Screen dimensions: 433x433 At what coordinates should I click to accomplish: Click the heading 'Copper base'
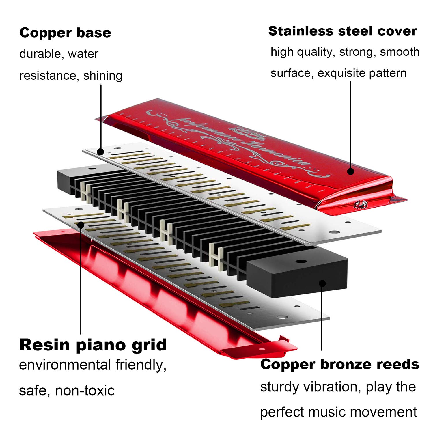pyautogui.click(x=65, y=33)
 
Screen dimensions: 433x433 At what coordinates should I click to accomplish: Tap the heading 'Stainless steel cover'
pyautogui.click(x=342, y=31)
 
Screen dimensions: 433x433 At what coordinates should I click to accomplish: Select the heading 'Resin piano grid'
pyautogui.click(x=93, y=345)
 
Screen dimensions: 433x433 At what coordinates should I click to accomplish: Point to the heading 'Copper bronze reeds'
pyautogui.click(x=339, y=364)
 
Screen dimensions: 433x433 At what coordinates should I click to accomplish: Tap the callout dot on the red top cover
pyautogui.click(x=351, y=171)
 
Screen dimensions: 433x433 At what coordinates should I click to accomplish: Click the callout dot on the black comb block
pyautogui.click(x=322, y=283)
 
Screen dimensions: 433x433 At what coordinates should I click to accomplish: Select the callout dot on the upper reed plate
pyautogui.click(x=100, y=152)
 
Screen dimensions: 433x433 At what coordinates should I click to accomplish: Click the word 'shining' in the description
pyautogui.click(x=103, y=76)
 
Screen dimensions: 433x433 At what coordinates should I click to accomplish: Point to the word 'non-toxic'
pyautogui.click(x=85, y=391)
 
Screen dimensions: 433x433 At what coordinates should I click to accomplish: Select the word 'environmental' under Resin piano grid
pyautogui.click(x=65, y=365)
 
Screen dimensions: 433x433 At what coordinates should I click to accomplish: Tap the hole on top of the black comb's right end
pyautogui.click(x=301, y=262)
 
